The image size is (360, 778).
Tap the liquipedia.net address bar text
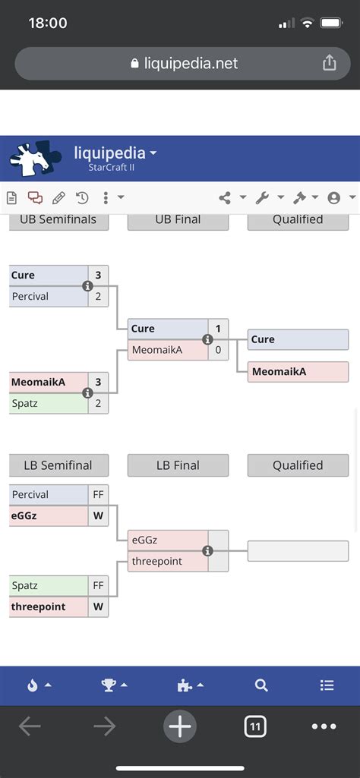tap(191, 64)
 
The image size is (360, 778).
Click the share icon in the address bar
tap(329, 64)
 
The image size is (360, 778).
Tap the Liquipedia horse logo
tap(36, 159)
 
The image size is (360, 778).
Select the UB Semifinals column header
tap(58, 219)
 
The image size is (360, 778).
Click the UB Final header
tap(178, 219)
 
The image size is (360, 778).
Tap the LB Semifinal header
tap(58, 465)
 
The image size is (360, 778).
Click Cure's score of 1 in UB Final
tap(218, 329)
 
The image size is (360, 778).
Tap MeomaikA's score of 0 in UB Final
tap(218, 350)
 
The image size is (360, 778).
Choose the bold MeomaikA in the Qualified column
tap(298, 371)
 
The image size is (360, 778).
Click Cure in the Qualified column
tap(298, 339)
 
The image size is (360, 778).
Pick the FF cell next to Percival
tap(98, 495)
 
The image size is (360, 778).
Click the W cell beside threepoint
tap(98, 607)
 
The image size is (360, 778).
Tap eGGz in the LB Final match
tap(167, 540)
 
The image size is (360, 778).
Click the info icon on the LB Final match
tap(207, 551)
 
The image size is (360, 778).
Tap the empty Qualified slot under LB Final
tap(298, 551)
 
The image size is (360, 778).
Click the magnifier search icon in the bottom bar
tap(261, 685)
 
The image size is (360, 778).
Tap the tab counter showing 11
tap(255, 727)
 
